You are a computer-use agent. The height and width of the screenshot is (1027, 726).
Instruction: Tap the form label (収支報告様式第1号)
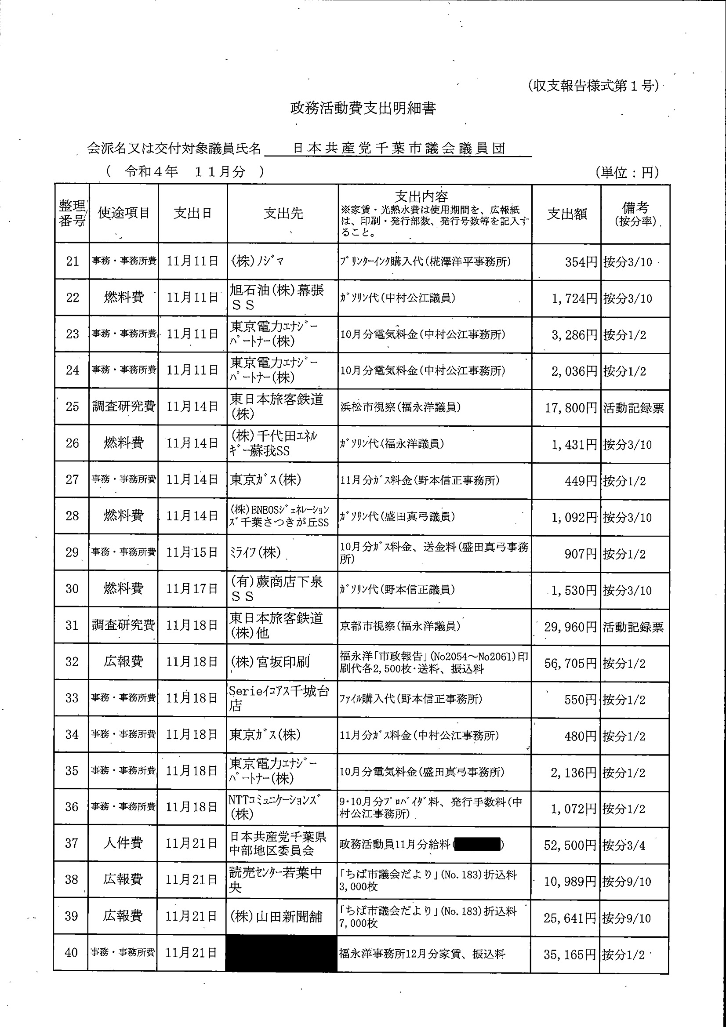coord(593,86)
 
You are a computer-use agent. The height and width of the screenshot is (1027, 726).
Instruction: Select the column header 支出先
coord(283,214)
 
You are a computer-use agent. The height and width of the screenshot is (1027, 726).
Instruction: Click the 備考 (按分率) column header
coord(635,214)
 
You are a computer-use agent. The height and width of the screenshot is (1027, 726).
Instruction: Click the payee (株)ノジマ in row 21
coord(257,261)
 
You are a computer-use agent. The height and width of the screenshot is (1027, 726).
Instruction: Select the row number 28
coord(73,516)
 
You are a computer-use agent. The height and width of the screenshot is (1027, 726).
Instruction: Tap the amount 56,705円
coord(570,663)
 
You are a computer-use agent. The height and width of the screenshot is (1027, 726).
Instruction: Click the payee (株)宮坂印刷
coord(270,662)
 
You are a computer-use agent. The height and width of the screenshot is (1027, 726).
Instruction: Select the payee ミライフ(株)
coord(255,553)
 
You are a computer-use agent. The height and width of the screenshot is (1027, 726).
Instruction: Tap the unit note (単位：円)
coord(627,172)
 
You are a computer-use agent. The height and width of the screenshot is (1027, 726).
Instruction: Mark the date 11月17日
coord(192,589)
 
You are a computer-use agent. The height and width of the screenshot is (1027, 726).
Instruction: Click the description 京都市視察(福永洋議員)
coord(400,626)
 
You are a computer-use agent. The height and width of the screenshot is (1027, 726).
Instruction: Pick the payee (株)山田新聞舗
coord(276,917)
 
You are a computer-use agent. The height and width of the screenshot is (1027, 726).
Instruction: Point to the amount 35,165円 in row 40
coord(570,955)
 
